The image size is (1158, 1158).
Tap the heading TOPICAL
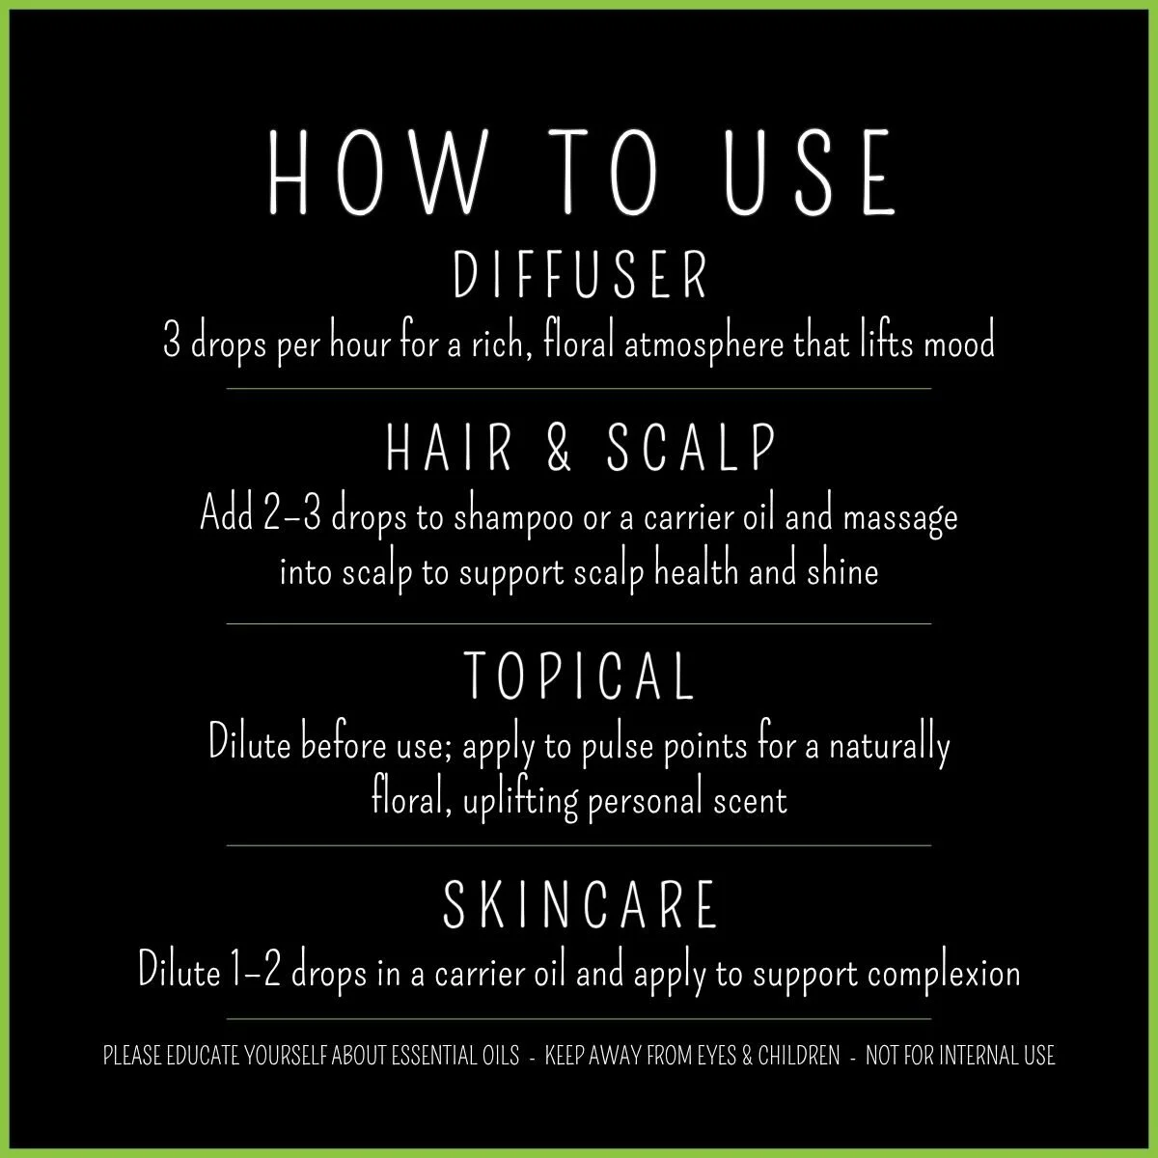click(x=580, y=675)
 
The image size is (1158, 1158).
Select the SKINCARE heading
click(x=580, y=904)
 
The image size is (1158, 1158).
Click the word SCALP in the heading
click(x=693, y=448)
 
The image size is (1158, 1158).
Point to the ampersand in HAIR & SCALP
click(x=559, y=448)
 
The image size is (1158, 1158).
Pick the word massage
click(x=900, y=518)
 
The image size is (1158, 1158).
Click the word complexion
click(x=943, y=972)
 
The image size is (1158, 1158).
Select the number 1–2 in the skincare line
click(x=256, y=972)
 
